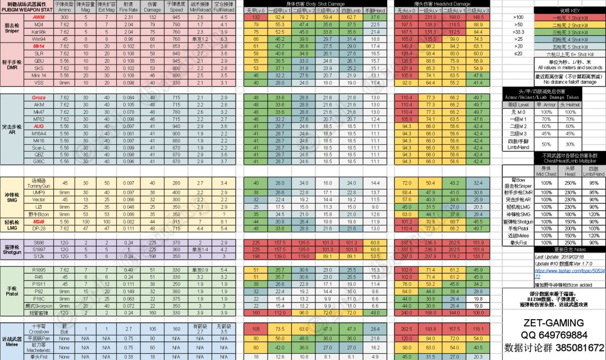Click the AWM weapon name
pyautogui.click(x=39, y=17)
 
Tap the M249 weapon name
pyautogui.click(x=39, y=221)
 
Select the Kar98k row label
pyautogui.click(x=39, y=31)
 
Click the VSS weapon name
pyautogui.click(x=39, y=81)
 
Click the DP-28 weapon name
pyautogui.click(x=39, y=229)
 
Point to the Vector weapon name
pyautogui.click(x=39, y=199)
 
